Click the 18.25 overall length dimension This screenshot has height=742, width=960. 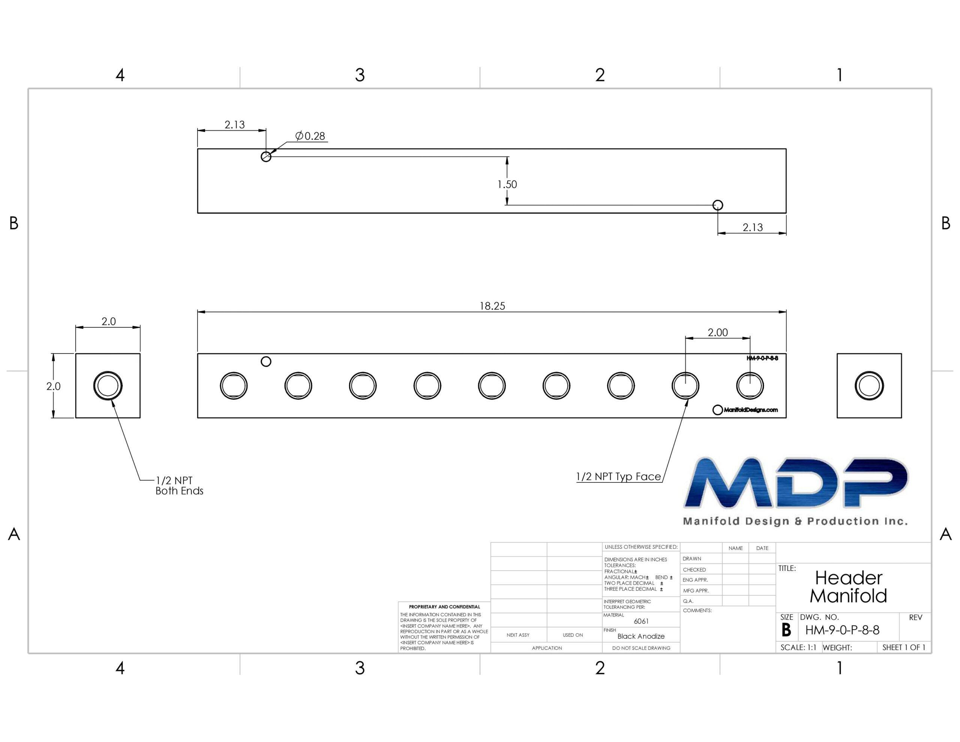click(492, 306)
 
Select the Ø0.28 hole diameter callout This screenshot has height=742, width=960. click(310, 136)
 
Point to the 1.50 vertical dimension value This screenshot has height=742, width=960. click(507, 184)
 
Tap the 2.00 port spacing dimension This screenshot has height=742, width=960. click(718, 332)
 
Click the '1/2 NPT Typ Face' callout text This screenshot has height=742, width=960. click(618, 476)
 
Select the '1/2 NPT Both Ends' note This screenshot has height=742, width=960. click(179, 485)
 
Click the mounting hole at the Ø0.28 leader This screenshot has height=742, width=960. click(266, 156)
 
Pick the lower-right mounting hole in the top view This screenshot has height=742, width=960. click(718, 205)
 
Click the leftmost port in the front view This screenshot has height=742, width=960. click(234, 386)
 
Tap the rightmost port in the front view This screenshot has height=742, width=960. click(750, 386)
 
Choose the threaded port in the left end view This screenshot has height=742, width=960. click(108, 386)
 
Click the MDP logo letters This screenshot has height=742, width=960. click(796, 482)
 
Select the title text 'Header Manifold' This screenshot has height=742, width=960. click(848, 587)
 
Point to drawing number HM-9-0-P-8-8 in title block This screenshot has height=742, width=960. click(842, 630)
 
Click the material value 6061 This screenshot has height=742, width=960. click(641, 621)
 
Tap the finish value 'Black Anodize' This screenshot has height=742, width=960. click(641, 636)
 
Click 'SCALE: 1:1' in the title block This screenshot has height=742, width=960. click(798, 647)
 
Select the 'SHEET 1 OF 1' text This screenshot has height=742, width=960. click(904, 647)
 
